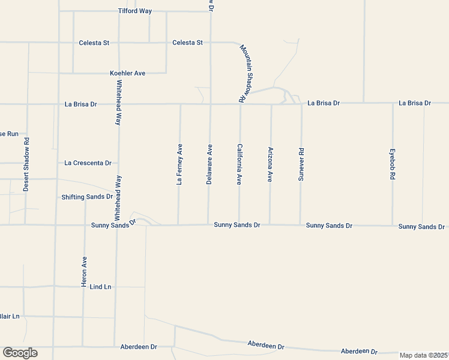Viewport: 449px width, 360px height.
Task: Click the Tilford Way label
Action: [x=134, y=11]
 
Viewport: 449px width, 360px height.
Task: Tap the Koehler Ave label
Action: [x=127, y=73]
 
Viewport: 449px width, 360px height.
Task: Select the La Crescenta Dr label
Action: [x=88, y=163]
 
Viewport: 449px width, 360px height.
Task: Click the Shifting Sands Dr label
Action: [x=87, y=197]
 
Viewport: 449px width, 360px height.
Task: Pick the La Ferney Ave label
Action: [x=179, y=164]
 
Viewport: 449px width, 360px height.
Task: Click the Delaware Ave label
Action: [x=209, y=164]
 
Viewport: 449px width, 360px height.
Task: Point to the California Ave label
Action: [x=240, y=164]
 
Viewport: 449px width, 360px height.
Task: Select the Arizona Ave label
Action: [x=270, y=164]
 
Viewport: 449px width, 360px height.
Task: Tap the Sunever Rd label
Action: [x=301, y=164]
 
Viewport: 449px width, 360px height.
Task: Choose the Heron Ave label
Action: [x=84, y=271]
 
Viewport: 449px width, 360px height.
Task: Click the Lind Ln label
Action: [x=100, y=287]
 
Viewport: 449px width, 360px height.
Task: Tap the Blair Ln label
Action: [x=10, y=316]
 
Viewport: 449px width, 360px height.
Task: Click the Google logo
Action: [x=20, y=353]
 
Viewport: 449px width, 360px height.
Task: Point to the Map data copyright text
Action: [x=424, y=355]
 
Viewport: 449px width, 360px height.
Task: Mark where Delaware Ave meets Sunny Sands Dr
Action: [x=209, y=225]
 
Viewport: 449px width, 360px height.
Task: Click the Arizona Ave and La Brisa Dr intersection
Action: [x=271, y=104]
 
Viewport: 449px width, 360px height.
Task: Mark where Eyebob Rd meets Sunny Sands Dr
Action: [x=393, y=226]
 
